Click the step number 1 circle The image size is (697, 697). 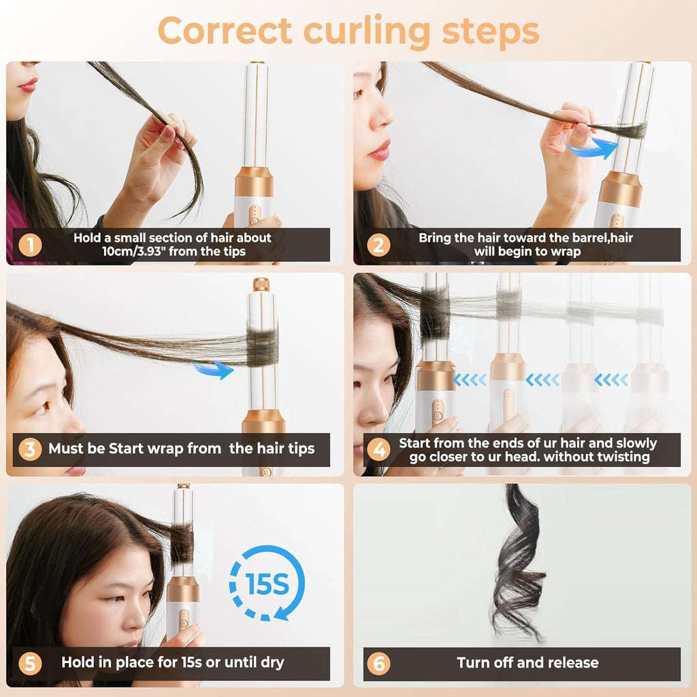29,245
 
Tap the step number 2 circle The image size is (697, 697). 378,245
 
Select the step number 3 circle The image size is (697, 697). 29,449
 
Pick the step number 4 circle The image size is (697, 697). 378,449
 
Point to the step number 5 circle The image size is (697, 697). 29,663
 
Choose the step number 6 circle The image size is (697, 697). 378,663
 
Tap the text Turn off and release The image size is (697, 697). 528,663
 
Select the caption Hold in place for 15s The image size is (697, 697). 173,662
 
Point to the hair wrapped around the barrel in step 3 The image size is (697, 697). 262,346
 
